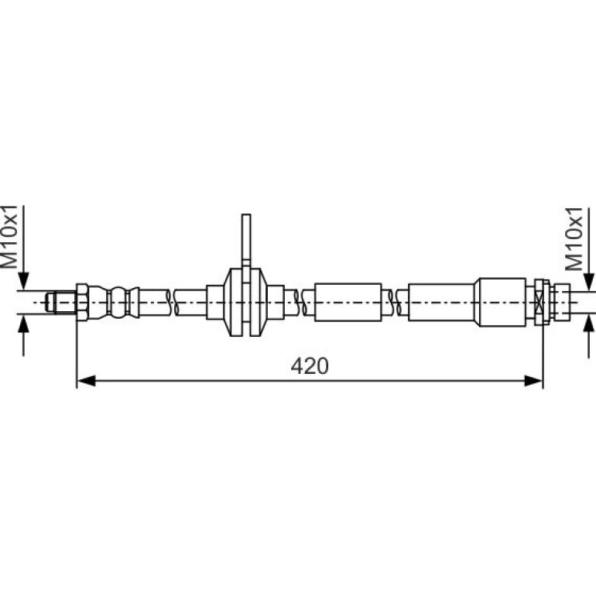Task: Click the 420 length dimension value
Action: click(x=310, y=366)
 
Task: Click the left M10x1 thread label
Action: click(x=9, y=236)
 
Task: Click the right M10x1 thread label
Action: click(x=574, y=239)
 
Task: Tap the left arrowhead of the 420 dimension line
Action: click(x=86, y=381)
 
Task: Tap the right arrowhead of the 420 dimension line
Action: click(x=533, y=381)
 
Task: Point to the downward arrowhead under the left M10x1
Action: click(x=23, y=281)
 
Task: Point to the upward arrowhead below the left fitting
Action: click(x=23, y=324)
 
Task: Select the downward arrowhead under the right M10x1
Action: click(x=589, y=282)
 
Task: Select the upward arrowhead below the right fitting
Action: click(x=589, y=324)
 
